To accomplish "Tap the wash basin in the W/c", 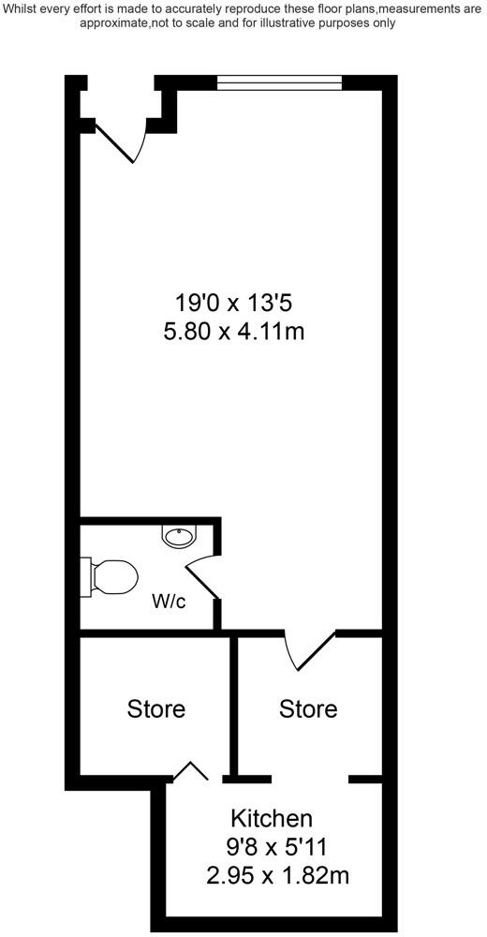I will tap(178, 536).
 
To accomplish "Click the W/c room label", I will tap(169, 601).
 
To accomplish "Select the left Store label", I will tap(156, 708).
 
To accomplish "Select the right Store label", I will tap(308, 708).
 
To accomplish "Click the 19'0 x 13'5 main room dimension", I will tap(241, 303).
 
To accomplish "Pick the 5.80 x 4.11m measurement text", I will tap(241, 331).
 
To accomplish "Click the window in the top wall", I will tap(279, 83).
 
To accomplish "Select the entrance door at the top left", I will tap(122, 141).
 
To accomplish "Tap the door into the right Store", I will tap(309, 650).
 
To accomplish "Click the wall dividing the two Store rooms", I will tap(234, 707).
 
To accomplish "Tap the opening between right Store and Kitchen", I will tap(309, 778).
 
